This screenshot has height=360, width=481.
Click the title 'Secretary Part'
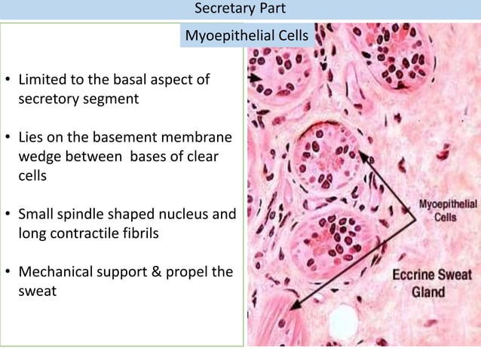[240, 9]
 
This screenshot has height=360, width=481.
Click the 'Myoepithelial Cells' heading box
[247, 35]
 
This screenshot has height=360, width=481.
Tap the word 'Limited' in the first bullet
[42, 79]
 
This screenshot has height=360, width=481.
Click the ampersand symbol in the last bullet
[158, 272]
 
